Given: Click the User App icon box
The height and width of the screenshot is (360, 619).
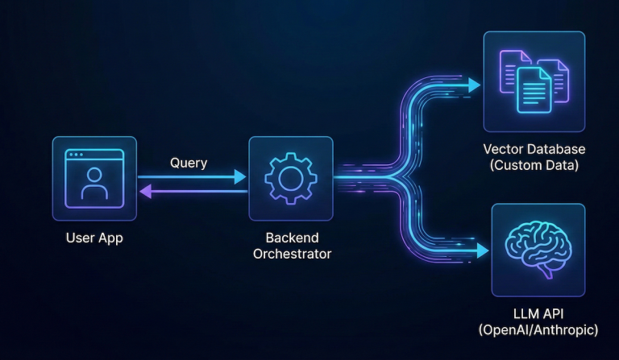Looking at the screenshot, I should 94,178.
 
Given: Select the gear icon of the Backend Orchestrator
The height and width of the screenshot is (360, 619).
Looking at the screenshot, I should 290,178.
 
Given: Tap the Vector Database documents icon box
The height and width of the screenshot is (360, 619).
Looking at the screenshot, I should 534,81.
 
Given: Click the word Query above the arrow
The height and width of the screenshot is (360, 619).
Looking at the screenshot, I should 189,163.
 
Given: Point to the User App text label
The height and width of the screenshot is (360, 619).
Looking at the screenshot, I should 94,238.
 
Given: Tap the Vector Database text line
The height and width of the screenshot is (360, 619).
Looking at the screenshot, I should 534,149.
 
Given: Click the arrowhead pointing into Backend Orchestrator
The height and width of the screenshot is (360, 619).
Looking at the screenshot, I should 240,176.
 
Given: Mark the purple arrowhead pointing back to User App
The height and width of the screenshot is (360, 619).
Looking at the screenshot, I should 145,191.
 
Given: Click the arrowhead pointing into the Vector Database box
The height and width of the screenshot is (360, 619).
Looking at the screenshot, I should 474,83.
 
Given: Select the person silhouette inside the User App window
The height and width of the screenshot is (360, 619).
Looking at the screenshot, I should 94,184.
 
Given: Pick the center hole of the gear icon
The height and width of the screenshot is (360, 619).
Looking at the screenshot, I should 290,178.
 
